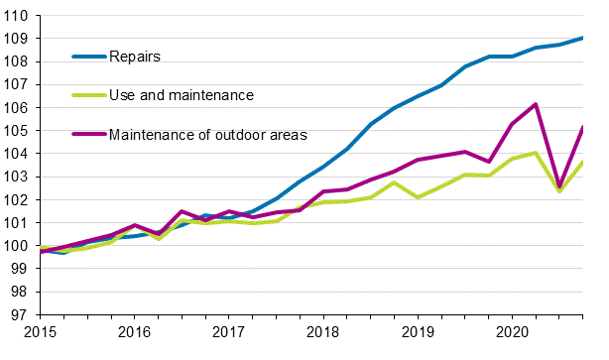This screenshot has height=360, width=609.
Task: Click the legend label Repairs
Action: click(135, 57)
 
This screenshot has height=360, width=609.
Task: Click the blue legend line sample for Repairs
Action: click(88, 57)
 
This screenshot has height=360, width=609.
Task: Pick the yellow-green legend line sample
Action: click(88, 95)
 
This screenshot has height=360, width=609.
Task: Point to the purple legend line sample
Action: click(88, 134)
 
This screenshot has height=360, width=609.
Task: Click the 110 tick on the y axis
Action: click(17, 16)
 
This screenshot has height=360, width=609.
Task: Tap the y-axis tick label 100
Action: click(17, 246)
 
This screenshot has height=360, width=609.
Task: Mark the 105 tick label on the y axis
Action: click(17, 131)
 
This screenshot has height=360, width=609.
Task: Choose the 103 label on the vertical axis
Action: click(17, 177)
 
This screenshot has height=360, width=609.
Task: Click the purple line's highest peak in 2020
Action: click(536, 104)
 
